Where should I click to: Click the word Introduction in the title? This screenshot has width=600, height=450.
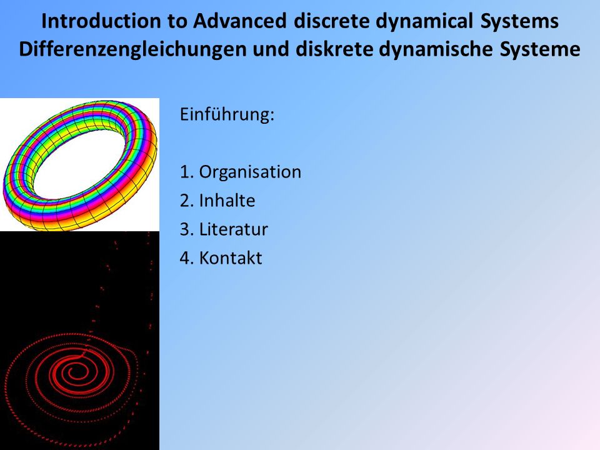pyautogui.click(x=101, y=21)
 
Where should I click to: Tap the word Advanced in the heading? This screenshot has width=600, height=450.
pyautogui.click(x=239, y=21)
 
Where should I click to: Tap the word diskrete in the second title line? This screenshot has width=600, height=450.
pyautogui.click(x=334, y=49)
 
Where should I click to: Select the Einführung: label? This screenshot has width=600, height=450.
pyautogui.click(x=227, y=114)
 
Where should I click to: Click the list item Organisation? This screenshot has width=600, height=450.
pyautogui.click(x=250, y=172)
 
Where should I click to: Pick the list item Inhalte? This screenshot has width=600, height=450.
pyautogui.click(x=227, y=200)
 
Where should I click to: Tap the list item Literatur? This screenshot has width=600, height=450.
pyautogui.click(x=233, y=229)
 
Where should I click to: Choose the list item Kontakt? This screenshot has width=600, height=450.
pyautogui.click(x=231, y=257)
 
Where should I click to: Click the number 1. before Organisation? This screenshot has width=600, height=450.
pyautogui.click(x=187, y=172)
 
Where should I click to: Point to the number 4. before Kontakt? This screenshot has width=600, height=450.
pyautogui.click(x=187, y=258)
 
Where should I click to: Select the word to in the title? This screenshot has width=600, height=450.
pyautogui.click(x=177, y=21)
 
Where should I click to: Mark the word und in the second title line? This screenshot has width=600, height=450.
pyautogui.click(x=271, y=49)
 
